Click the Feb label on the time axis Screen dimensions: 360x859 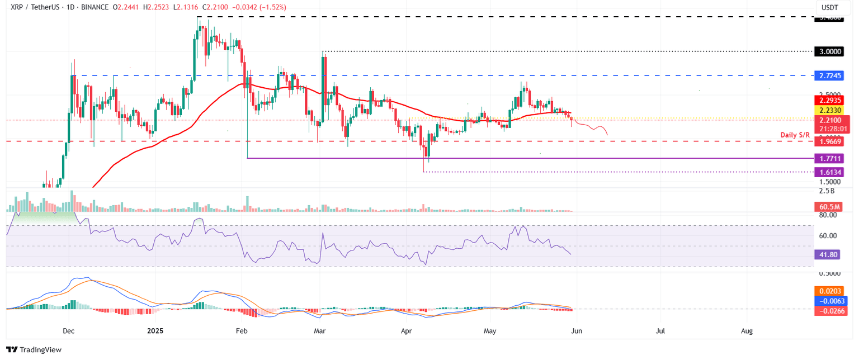(241, 331)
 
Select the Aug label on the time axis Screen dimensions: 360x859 (746, 331)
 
